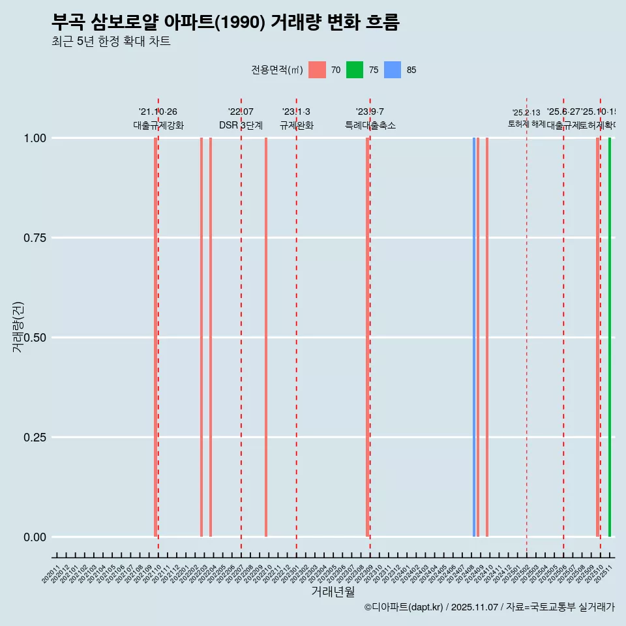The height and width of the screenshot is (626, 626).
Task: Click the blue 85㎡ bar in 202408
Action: (474, 337)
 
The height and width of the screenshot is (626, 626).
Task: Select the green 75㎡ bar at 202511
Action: (610, 337)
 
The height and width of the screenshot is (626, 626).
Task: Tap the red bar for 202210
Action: (266, 337)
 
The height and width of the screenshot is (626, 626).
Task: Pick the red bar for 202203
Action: (201, 337)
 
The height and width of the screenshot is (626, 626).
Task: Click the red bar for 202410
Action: (487, 337)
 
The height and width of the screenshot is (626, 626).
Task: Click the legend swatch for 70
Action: (317, 70)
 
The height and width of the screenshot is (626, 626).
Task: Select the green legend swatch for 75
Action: (355, 70)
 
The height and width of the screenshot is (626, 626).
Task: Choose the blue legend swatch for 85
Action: (393, 70)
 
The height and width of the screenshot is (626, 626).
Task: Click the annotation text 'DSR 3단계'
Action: (241, 125)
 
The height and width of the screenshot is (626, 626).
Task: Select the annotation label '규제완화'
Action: (297, 125)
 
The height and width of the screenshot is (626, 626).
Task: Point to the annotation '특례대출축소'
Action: (370, 125)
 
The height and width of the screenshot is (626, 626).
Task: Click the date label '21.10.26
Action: (158, 112)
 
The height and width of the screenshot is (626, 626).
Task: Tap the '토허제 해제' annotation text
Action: (526, 124)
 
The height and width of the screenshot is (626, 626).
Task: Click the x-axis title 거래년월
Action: (333, 591)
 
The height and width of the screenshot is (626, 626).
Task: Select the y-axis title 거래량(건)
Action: (18, 327)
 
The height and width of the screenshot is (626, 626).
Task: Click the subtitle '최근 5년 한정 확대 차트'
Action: (111, 42)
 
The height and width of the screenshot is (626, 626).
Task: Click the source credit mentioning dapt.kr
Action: (489, 607)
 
